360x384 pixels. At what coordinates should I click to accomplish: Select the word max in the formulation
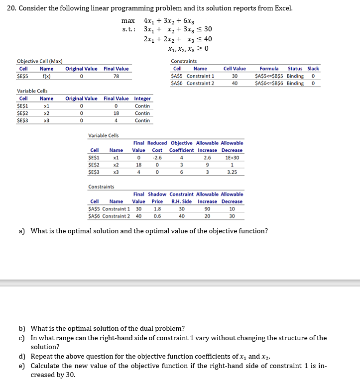[128, 21]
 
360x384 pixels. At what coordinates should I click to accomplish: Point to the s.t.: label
[129, 30]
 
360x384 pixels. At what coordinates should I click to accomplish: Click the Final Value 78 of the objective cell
[116, 76]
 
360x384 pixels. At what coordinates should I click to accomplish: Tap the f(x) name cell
[46, 76]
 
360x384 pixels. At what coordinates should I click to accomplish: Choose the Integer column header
[142, 98]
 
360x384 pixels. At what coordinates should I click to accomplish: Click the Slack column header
[313, 69]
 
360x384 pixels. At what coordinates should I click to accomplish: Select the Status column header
[295, 69]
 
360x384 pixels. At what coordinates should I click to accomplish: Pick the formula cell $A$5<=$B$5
[269, 76]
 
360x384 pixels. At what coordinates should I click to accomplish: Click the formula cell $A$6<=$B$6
[269, 83]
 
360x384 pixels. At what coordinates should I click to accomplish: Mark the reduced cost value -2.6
[157, 158]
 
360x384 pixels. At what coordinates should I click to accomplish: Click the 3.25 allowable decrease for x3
[232, 172]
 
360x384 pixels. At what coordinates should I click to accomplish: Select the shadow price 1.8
[157, 209]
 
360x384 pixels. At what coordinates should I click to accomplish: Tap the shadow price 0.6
[157, 216]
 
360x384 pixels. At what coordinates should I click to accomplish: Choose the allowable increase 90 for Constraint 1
[207, 209]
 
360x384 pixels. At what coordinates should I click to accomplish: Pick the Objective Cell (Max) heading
[39, 61]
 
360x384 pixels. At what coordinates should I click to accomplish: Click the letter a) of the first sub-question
[22, 231]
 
